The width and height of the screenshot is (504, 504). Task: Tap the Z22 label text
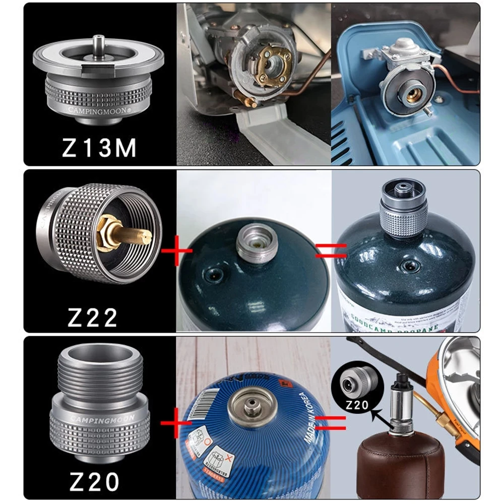click(x=93, y=317)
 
